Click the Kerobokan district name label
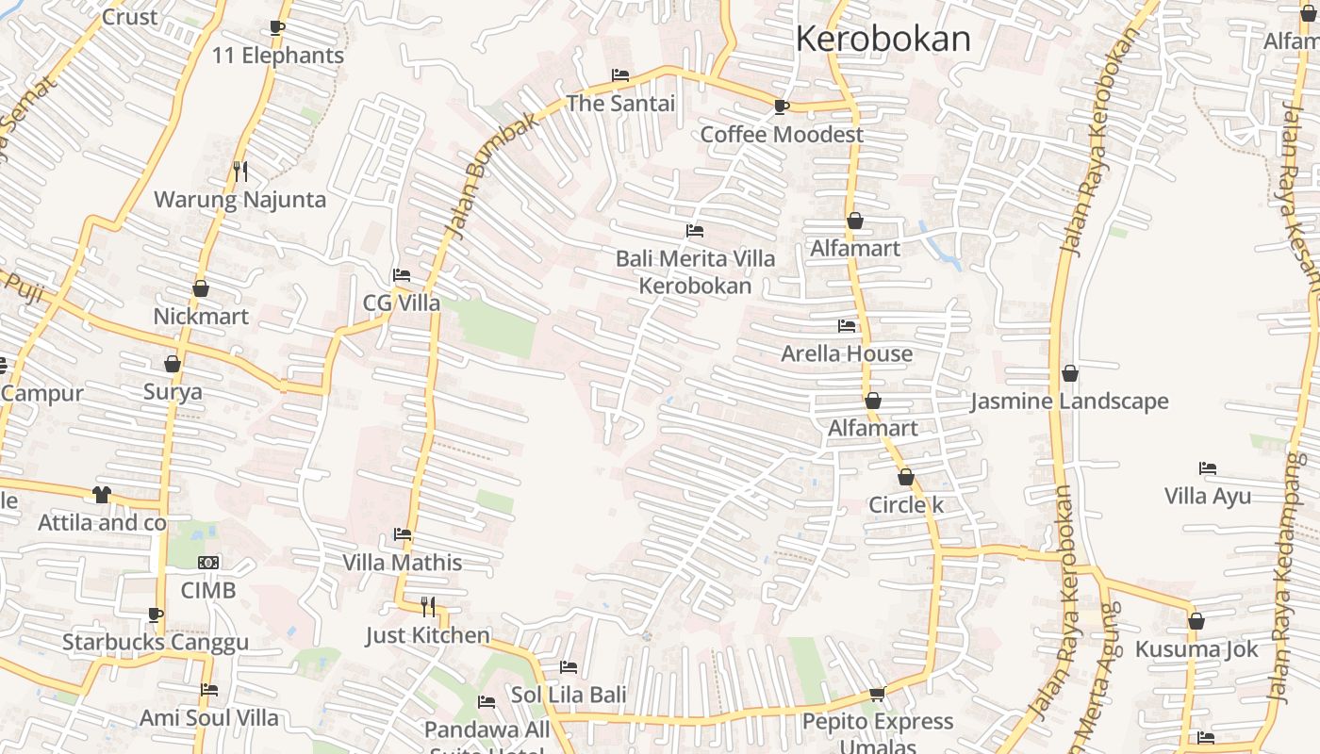(x=883, y=39)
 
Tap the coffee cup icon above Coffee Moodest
(x=781, y=107)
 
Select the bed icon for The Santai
(x=620, y=75)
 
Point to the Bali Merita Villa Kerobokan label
(x=696, y=271)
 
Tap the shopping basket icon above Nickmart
(x=201, y=288)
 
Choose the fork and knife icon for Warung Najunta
(x=240, y=172)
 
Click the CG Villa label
(x=402, y=303)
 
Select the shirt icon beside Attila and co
(x=102, y=495)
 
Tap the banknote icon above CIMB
(x=208, y=563)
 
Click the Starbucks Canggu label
(x=156, y=643)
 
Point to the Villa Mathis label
(x=403, y=563)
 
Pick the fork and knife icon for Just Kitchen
(x=428, y=606)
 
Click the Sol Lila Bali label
(x=569, y=696)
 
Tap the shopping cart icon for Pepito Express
(x=877, y=695)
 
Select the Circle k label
(x=906, y=505)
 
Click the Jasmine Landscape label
(x=1069, y=402)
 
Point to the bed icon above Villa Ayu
(x=1208, y=468)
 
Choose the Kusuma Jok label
(x=1196, y=649)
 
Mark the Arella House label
(x=847, y=353)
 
